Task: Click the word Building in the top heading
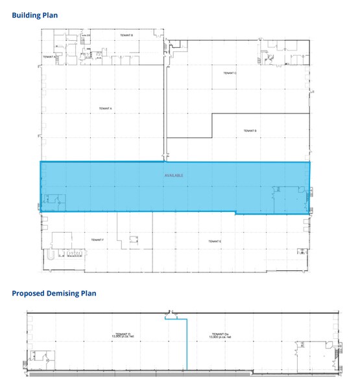click(27, 15)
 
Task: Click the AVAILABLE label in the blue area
click(174, 176)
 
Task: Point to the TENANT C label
click(230, 73)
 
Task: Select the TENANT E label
click(215, 241)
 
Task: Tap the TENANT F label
click(97, 240)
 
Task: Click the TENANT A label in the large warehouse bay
click(106, 108)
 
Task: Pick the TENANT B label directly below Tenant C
click(250, 131)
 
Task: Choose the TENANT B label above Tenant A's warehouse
click(126, 35)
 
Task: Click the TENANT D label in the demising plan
click(121, 334)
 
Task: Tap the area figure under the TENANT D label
click(121, 338)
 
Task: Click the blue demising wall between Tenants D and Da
click(187, 347)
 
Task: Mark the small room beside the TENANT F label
click(134, 239)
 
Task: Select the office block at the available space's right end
click(289, 198)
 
